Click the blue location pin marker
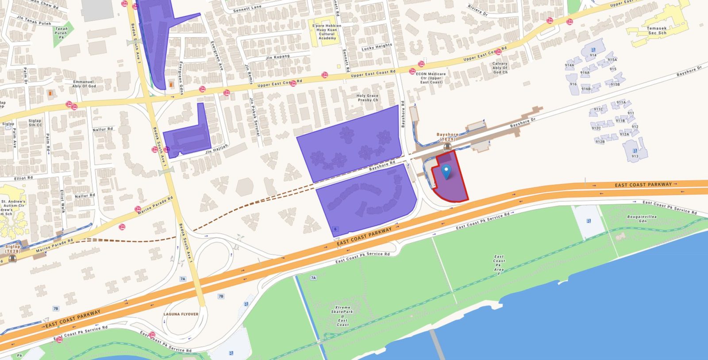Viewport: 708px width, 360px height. click(447, 171)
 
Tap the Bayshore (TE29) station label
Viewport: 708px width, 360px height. click(447, 137)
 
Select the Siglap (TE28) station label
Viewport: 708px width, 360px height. click(13, 249)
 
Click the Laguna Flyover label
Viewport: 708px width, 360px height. click(181, 314)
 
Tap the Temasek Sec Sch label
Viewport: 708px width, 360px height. click(657, 31)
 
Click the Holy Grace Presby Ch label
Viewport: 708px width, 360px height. click(368, 98)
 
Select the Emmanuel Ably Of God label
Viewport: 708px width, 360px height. click(84, 84)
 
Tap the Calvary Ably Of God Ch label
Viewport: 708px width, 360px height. click(500, 68)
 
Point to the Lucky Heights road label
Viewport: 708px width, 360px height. click(377, 47)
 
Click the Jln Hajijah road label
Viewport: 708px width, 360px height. click(216, 149)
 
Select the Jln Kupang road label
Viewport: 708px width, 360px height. click(278, 57)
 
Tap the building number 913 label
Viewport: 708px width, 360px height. click(635, 156)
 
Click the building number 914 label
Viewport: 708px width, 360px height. click(593, 55)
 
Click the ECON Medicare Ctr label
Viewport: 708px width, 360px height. click(431, 78)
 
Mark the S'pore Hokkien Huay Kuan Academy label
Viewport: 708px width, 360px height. click(327, 32)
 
